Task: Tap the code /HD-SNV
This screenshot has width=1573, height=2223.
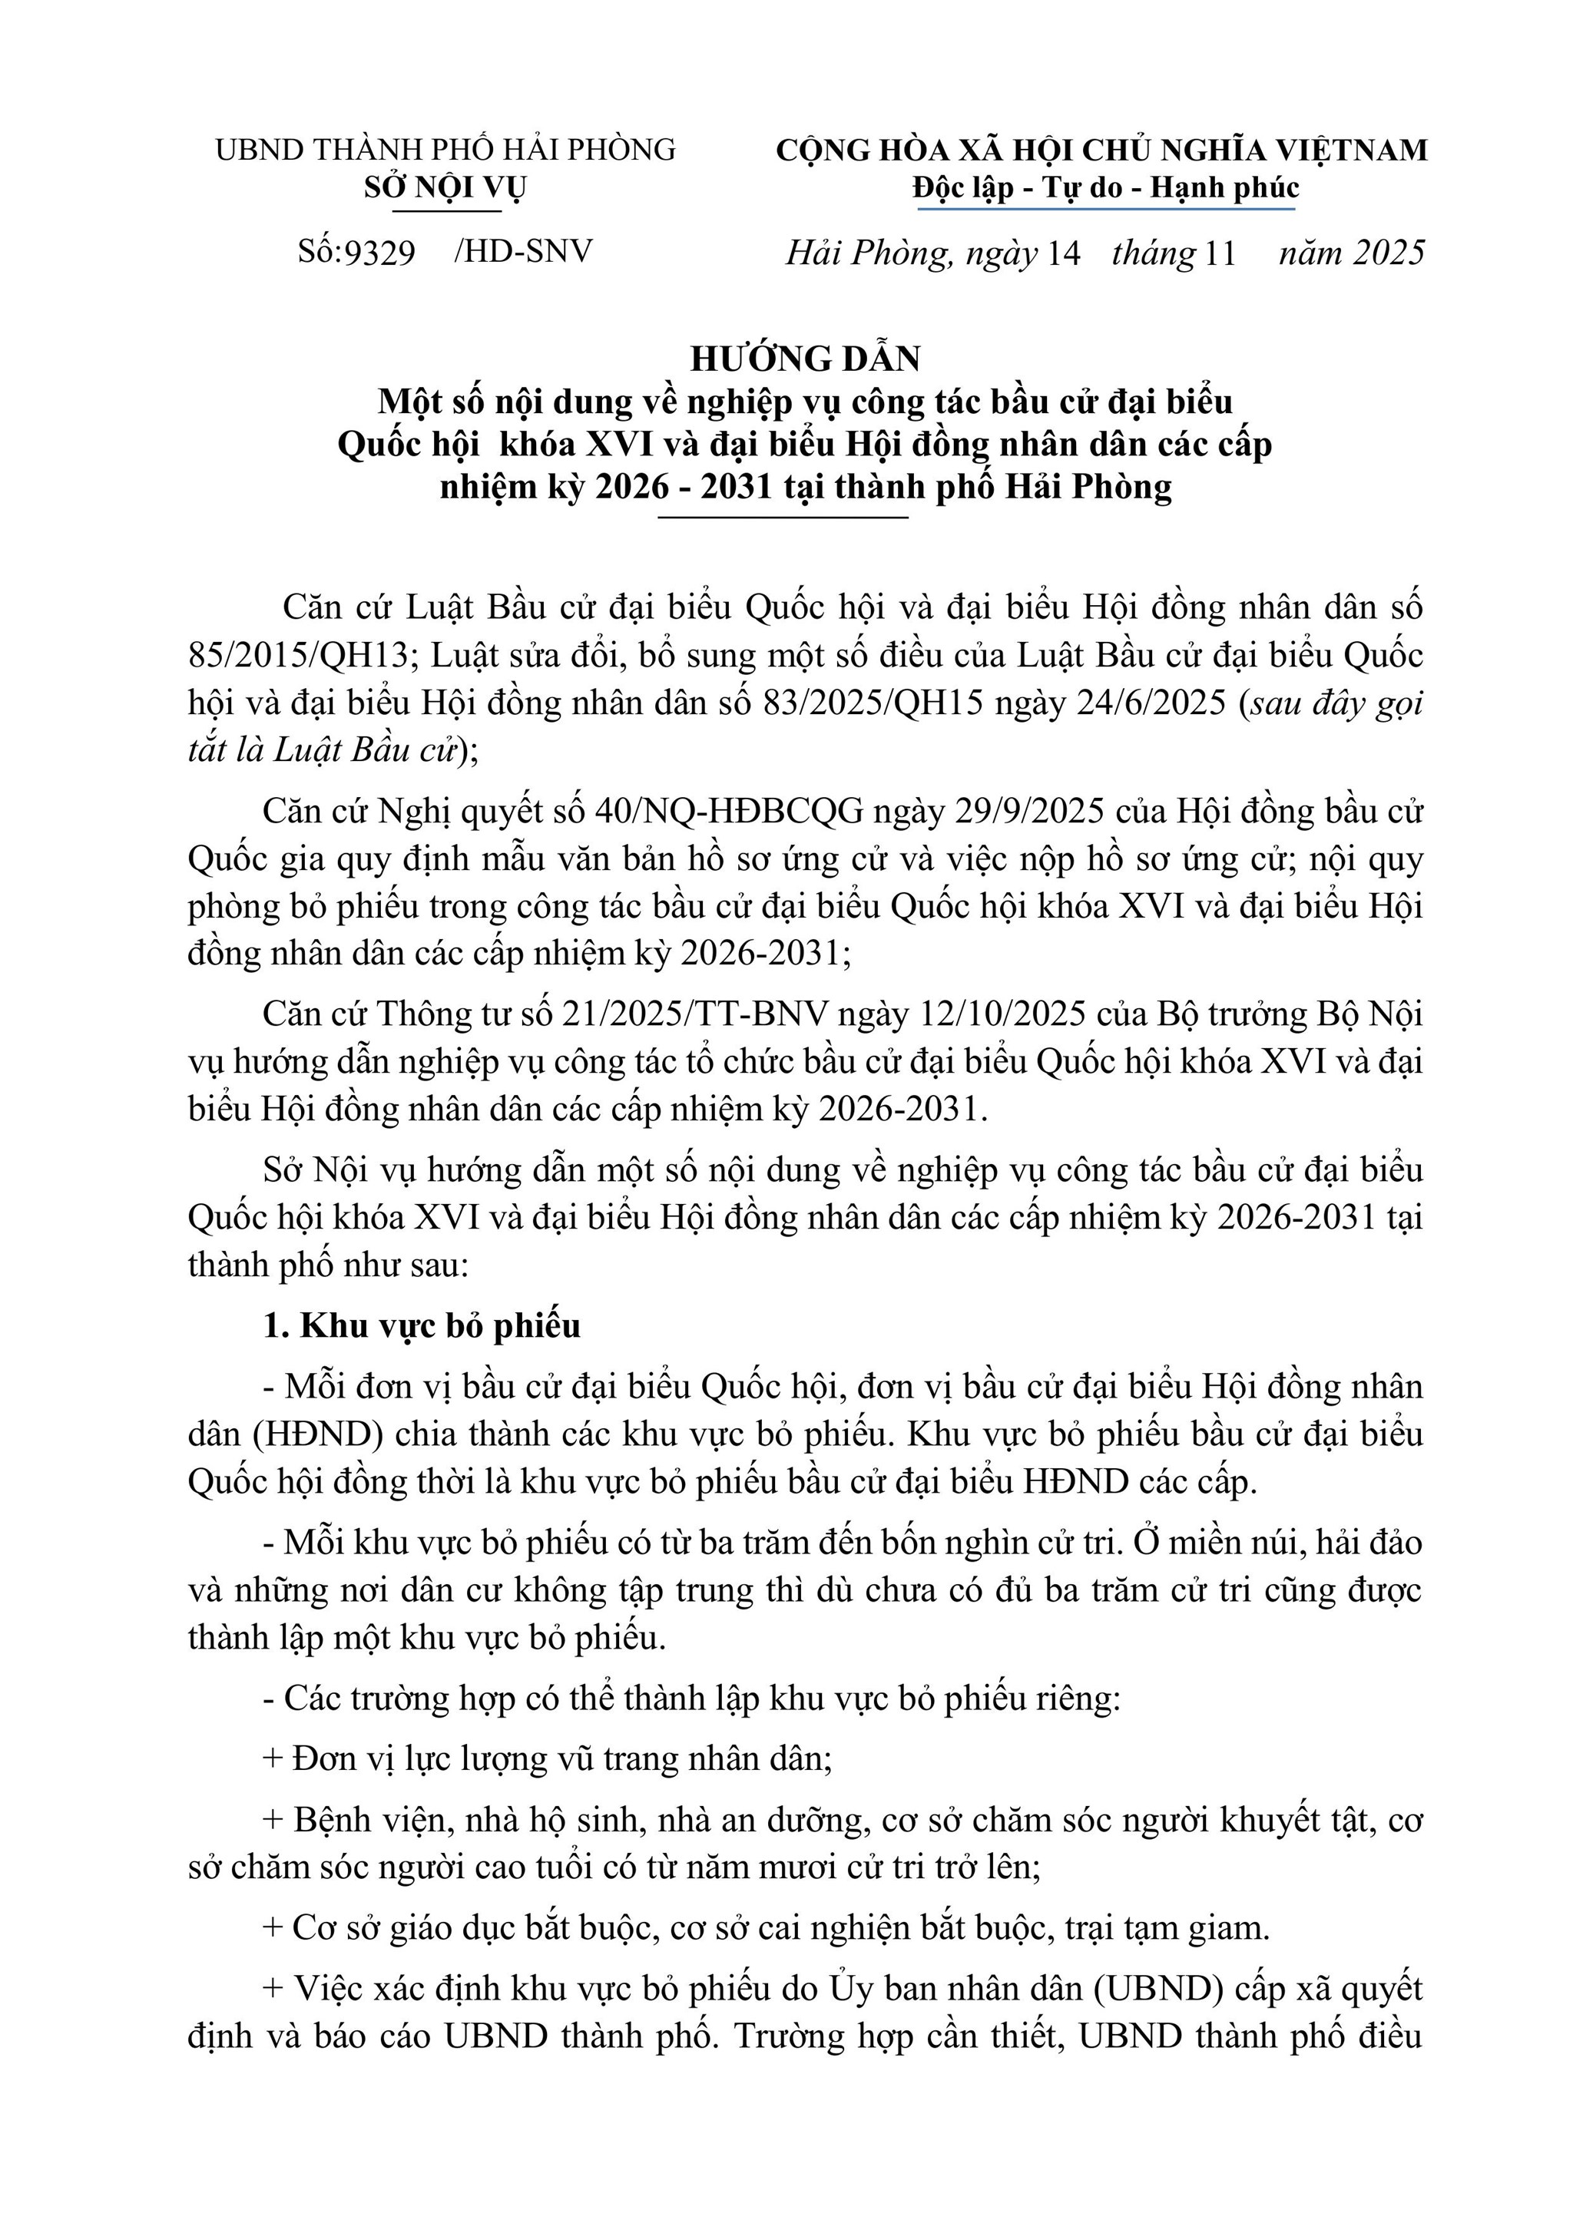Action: click(522, 252)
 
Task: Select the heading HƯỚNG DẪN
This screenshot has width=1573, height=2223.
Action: click(805, 359)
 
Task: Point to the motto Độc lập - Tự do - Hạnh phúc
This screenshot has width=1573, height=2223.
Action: click(1105, 188)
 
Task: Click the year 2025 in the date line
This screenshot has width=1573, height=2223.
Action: click(1389, 253)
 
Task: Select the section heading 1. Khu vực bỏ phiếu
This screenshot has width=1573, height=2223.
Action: click(422, 1325)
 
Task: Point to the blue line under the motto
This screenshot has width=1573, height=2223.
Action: click(1104, 207)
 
